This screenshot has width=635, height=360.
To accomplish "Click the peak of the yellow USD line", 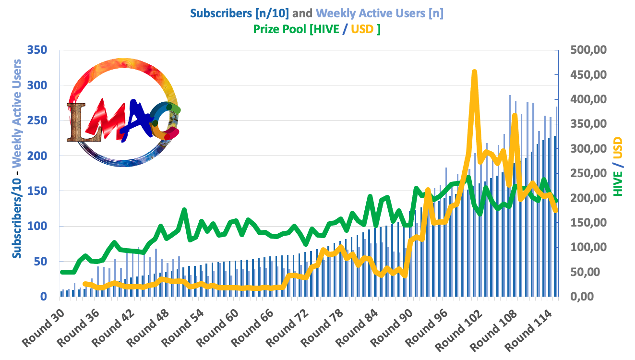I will [474, 72].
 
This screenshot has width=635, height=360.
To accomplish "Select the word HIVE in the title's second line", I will [332, 29].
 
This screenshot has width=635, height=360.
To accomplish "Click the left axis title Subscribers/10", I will [17, 216].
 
